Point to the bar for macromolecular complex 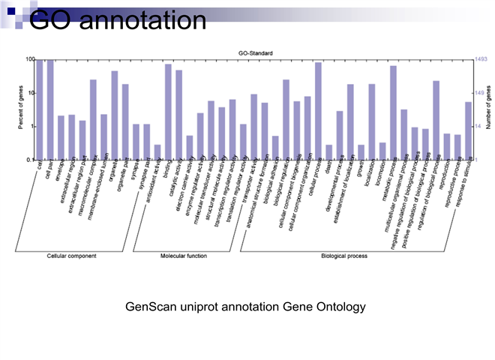point(93,120)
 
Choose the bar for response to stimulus point(468,131)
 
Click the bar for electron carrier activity point(190,148)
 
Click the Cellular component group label point(71,256)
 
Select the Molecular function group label point(184,256)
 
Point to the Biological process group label point(344,256)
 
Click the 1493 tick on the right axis point(482,59)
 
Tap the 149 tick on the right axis point(481,93)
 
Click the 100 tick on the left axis point(30,59)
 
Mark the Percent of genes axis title point(20,109)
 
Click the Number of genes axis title point(488,109)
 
